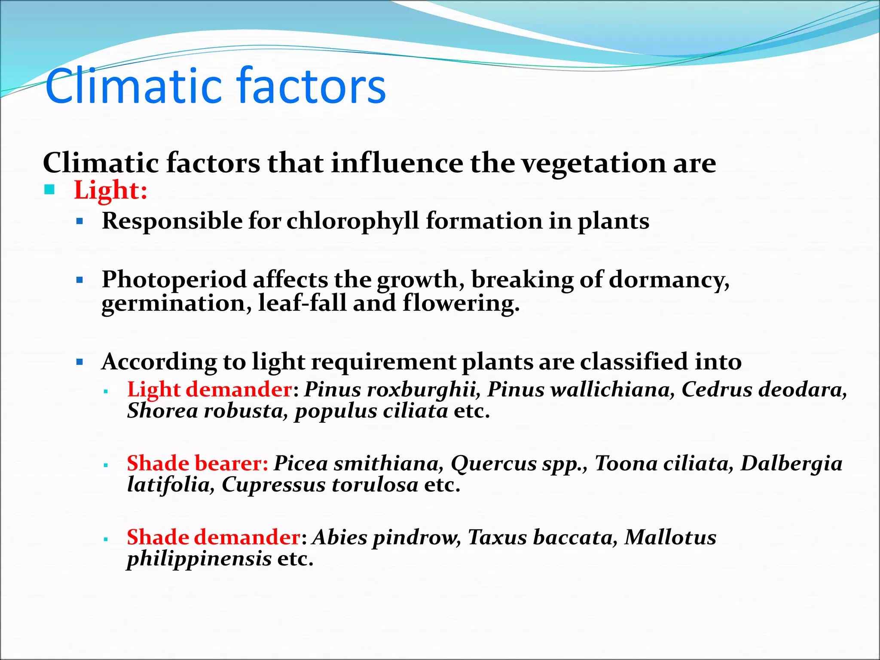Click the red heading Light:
pos(110,190)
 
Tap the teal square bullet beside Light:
pos(50,189)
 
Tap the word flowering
pos(461,303)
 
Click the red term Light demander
pos(210,390)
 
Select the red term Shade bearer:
pos(197,464)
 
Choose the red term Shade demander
pos(214,538)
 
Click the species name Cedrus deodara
pos(764,390)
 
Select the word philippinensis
pos(199,559)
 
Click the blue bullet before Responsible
pos(79,222)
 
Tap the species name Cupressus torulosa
pos(320,485)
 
